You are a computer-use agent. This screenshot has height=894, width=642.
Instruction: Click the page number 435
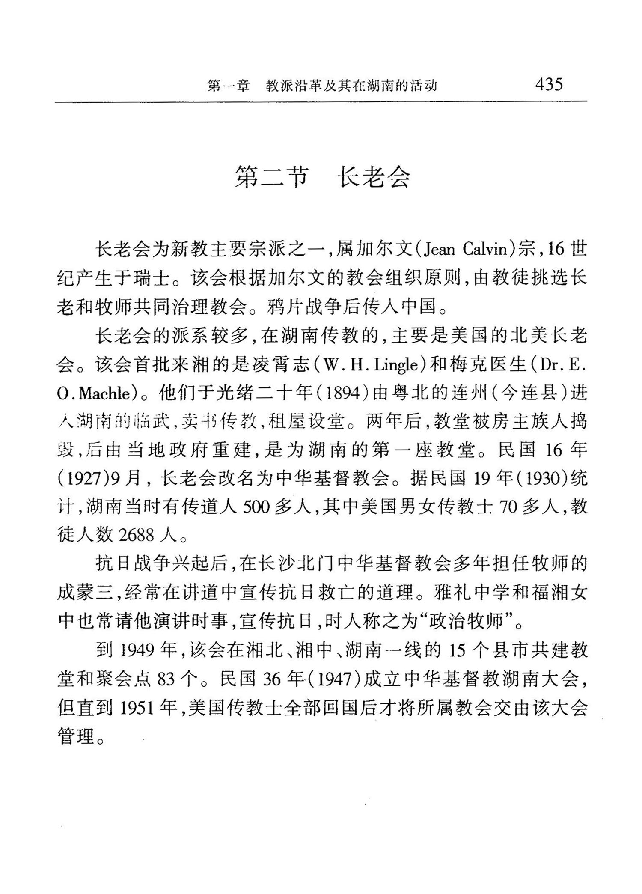point(549,84)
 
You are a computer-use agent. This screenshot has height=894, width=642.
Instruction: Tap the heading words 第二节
point(271,176)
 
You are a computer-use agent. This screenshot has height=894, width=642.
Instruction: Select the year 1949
point(137,650)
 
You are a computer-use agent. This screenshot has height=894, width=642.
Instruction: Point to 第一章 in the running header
point(229,86)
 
